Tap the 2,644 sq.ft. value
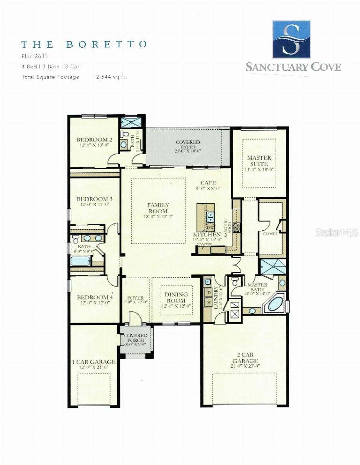pos(111,77)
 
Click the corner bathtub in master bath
pos(275,303)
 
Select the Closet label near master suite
pos(271,233)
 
